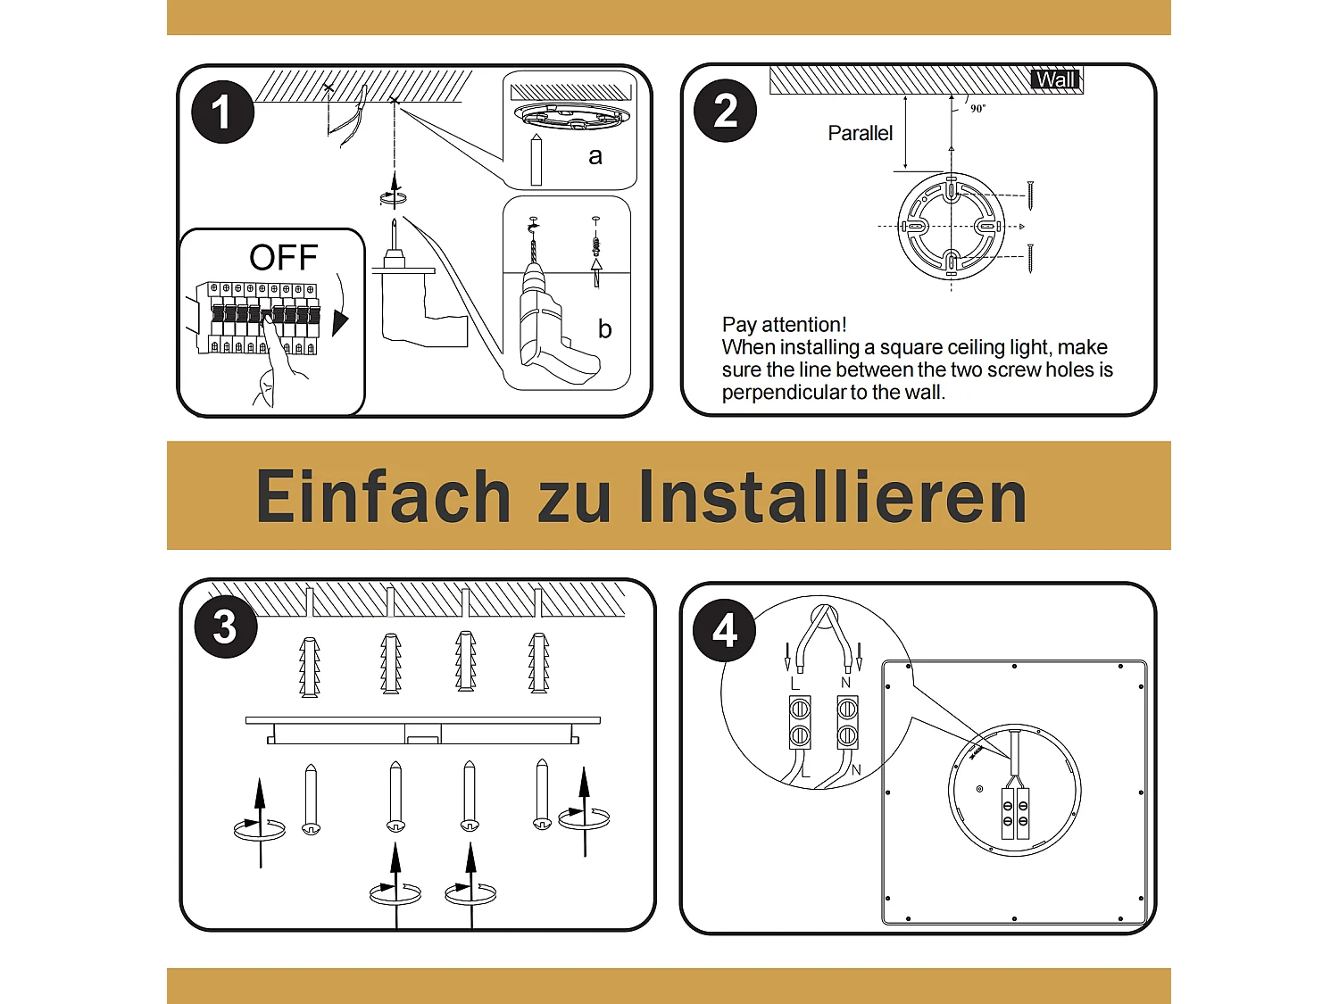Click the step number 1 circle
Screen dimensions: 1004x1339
point(222,112)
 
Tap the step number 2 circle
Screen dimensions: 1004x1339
point(725,111)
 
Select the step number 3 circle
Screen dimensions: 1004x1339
point(226,626)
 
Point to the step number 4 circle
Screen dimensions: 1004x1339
point(725,630)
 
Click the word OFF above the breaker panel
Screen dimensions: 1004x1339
point(283,258)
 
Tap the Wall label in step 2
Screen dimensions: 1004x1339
point(1055,80)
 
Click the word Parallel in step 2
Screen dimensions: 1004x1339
point(860,134)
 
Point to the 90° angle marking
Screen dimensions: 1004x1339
point(978,109)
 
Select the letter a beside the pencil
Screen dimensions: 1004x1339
point(595,156)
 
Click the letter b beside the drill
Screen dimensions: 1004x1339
point(604,329)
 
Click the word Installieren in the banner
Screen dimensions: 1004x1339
point(833,497)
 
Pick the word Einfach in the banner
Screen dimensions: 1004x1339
point(383,497)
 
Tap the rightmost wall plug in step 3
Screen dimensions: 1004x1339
point(538,663)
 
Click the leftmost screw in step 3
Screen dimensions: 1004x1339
point(311,800)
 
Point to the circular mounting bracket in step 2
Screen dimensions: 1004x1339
point(952,227)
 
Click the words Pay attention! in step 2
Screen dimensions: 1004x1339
point(784,325)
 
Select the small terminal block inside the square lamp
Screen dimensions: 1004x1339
point(1015,813)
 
